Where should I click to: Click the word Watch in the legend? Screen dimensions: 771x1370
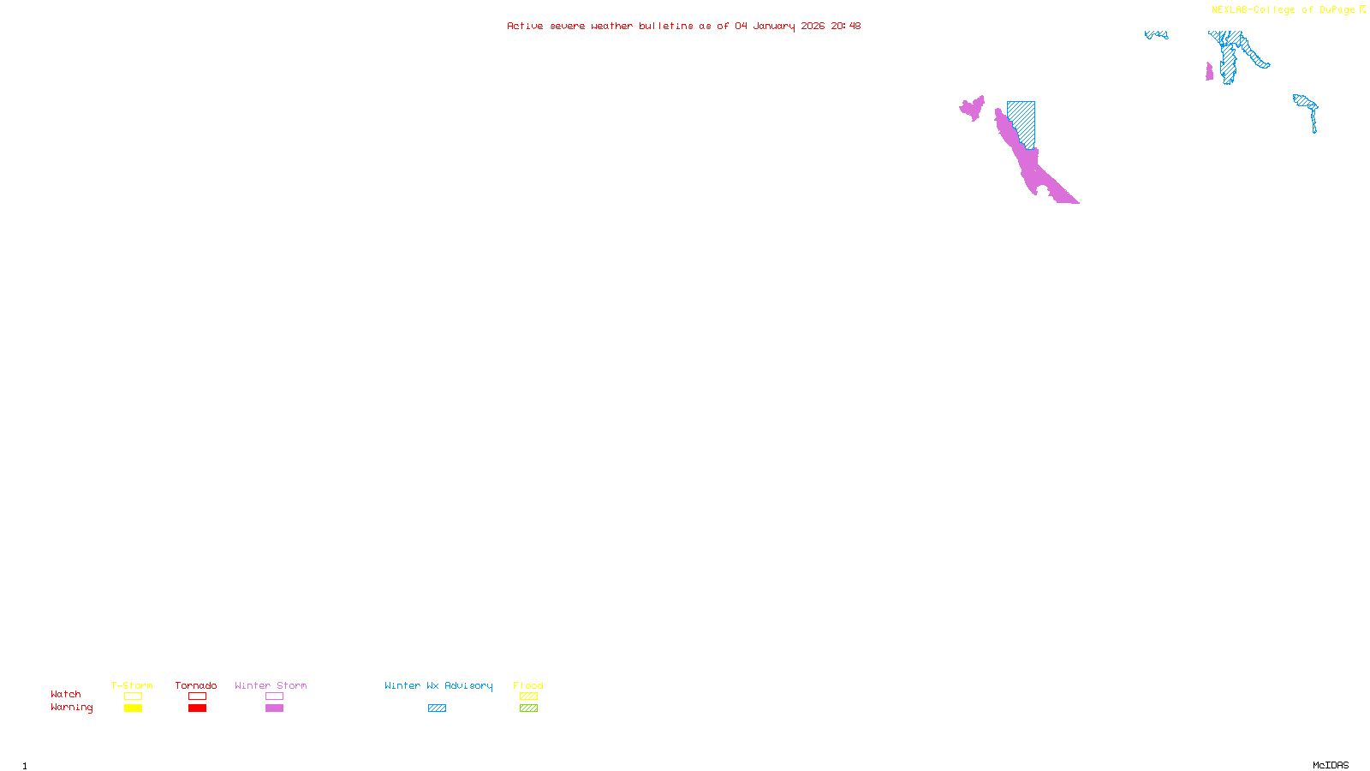66,694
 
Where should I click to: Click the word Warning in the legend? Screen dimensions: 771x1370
71,708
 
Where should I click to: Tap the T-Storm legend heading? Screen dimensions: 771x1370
132,685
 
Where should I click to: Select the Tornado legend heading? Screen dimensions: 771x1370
196,685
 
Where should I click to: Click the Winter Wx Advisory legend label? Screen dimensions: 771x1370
438,685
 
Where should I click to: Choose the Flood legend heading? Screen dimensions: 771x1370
528,685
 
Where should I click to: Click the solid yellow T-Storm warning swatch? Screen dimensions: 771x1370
133,708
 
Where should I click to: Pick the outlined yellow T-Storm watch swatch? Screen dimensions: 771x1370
133,696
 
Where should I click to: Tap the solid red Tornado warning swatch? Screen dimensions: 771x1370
197,708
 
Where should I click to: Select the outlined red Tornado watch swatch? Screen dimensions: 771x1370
197,696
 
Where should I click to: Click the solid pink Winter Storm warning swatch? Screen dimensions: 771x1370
274,708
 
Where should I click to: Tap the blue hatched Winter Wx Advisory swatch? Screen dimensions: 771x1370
437,708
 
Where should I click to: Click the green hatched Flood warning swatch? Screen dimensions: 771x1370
528,708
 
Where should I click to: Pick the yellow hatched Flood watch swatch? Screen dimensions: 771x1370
528,696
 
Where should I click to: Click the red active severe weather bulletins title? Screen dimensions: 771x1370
683,26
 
